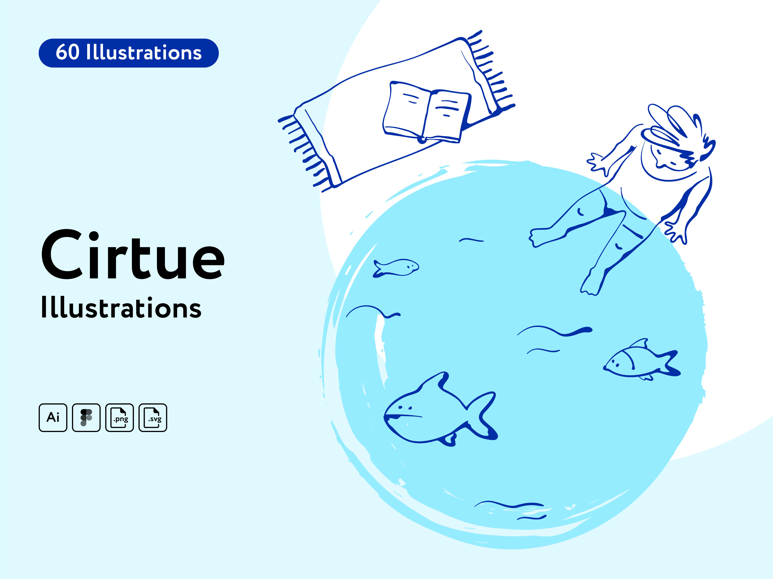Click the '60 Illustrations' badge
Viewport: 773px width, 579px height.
click(x=129, y=53)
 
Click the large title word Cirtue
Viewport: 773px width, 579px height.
click(x=133, y=255)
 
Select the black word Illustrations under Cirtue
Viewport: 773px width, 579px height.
click(x=121, y=308)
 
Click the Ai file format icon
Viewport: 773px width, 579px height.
click(x=53, y=418)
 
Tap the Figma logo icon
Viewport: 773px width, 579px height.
click(x=86, y=418)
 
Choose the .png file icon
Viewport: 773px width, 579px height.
click(x=120, y=418)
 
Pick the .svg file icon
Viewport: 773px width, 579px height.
click(x=153, y=418)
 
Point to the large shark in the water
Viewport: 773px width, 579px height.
click(x=437, y=412)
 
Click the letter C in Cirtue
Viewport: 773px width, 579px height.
click(x=62, y=255)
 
